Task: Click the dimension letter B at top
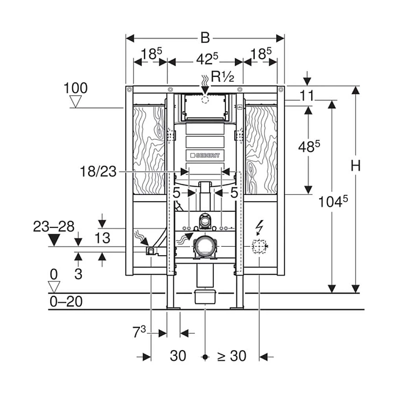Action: point(205,38)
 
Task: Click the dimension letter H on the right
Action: point(356,167)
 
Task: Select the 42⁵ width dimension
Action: point(205,59)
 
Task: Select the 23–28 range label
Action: point(53,226)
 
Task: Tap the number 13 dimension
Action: point(102,238)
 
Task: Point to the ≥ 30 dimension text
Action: point(231,356)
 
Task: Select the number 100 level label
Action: point(75,88)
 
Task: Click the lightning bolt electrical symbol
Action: point(259,227)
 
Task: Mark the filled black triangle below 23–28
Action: point(53,241)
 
